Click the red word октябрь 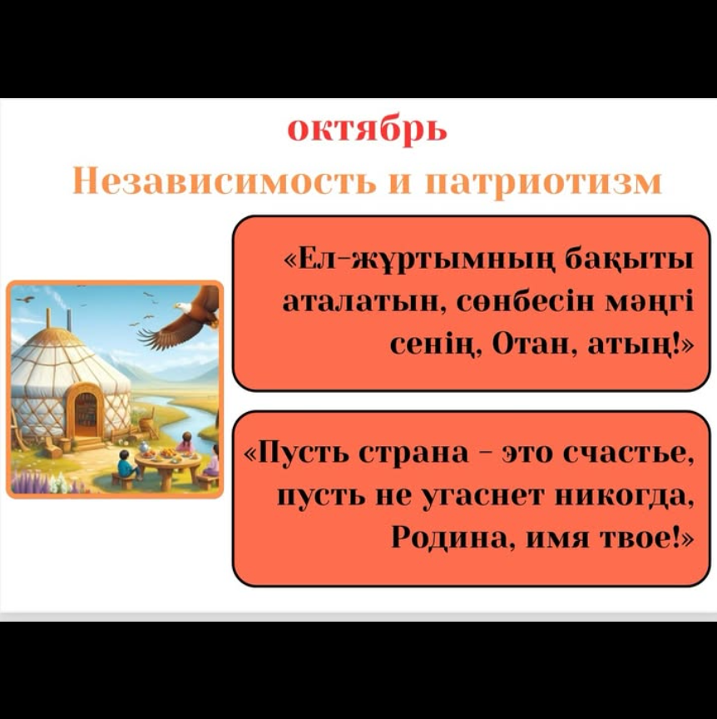tap(367, 131)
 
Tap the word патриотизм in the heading tap(543, 183)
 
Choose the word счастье tap(628, 454)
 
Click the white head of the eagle tap(183, 307)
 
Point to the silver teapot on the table tap(145, 447)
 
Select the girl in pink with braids tap(185, 443)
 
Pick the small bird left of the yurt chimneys tap(26, 299)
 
